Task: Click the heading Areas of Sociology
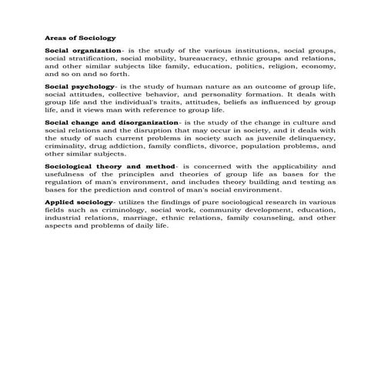(81, 37)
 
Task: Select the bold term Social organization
(84, 50)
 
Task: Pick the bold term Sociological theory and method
(111, 167)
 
